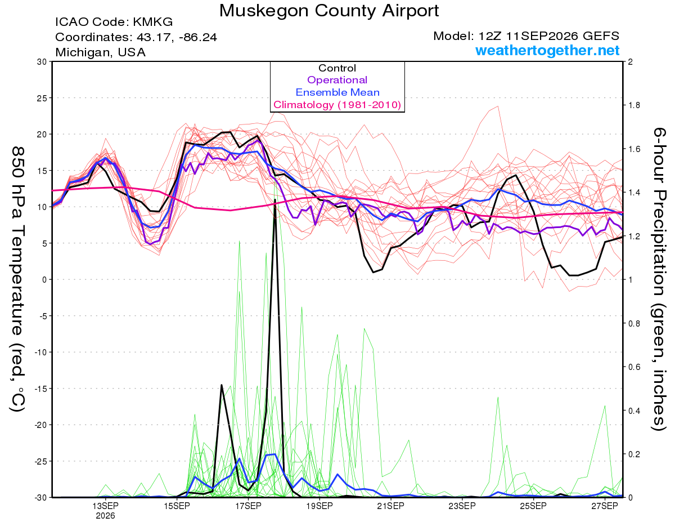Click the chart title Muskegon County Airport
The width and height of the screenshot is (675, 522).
[x=329, y=11]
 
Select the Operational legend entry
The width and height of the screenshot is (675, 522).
[x=337, y=80]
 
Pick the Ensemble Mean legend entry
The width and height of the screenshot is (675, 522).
[x=337, y=92]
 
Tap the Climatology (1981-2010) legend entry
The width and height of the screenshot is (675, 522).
[x=337, y=105]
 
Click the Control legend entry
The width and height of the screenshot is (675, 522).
[x=337, y=68]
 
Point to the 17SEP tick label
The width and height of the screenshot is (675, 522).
[x=248, y=506]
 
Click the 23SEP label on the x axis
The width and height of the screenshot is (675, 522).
[x=462, y=506]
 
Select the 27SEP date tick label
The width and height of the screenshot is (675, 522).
[x=605, y=506]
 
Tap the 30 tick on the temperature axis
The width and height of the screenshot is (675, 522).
[x=42, y=62]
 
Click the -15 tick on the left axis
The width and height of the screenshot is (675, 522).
[x=40, y=389]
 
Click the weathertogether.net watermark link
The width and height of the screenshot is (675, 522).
[x=547, y=50]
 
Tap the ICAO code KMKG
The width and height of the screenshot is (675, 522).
[x=152, y=22]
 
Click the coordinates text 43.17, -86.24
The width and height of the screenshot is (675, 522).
[x=177, y=37]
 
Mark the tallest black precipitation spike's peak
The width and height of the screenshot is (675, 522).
[x=275, y=199]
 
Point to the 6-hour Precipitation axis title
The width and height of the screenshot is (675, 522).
[x=659, y=279]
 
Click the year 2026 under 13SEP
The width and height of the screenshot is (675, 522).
[x=105, y=516]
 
